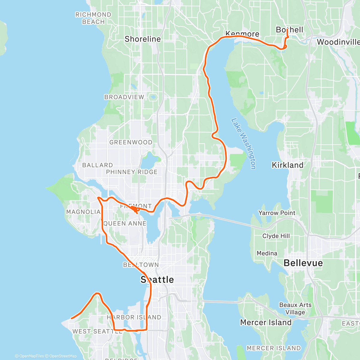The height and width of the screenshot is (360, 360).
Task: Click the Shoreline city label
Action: (142, 39)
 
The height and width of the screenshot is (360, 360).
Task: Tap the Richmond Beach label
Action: (93, 18)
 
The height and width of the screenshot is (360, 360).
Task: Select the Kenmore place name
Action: (242, 34)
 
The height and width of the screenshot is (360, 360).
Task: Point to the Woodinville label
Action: (338, 42)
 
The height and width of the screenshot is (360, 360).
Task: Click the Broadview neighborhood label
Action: (124, 97)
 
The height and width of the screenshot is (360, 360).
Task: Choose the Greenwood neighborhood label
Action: (131, 142)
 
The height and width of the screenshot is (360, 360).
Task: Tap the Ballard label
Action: (97, 165)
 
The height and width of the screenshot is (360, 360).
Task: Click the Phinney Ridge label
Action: (132, 172)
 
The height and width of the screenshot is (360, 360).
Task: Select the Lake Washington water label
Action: (244, 143)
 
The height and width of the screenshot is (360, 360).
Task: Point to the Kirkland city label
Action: (287, 165)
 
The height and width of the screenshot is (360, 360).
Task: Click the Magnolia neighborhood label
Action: (83, 212)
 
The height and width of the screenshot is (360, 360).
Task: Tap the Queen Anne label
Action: (125, 223)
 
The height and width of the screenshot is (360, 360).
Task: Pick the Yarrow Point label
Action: (277, 213)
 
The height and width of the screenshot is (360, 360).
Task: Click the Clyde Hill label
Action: (276, 236)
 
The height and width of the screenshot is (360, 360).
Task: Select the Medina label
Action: (267, 253)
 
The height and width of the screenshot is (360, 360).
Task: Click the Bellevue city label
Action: (303, 263)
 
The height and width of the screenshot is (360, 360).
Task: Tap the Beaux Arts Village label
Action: (295, 308)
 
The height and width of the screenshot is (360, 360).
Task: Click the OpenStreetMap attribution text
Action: (63, 356)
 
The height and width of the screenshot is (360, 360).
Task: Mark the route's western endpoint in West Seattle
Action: (71, 318)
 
